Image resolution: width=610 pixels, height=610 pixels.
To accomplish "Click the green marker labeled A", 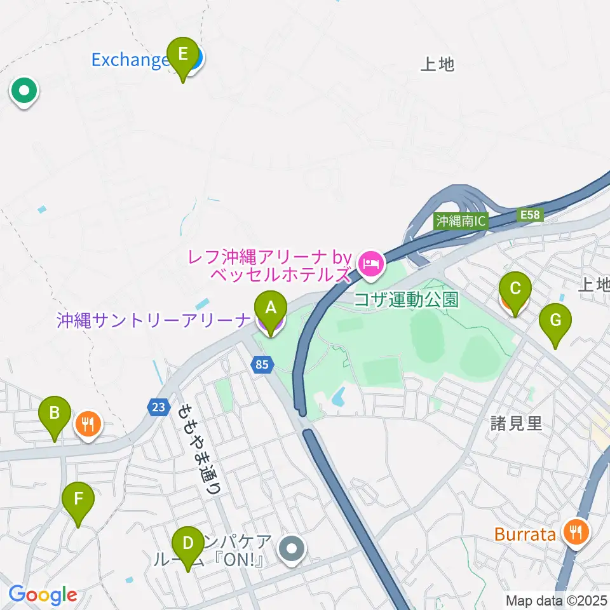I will click(270, 309).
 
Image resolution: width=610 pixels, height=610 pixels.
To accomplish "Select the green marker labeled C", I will click(515, 290).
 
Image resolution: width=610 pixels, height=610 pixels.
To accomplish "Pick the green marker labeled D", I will click(187, 545).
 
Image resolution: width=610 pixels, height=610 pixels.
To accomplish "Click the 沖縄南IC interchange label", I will click(461, 221).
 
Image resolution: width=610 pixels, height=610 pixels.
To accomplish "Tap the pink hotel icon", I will click(370, 263).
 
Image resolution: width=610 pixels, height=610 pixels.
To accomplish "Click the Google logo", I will click(43, 595).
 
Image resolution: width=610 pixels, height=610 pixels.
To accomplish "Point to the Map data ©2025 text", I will click(557, 600).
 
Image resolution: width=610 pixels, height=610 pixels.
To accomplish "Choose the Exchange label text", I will click(130, 60).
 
